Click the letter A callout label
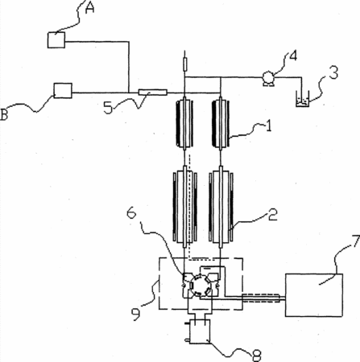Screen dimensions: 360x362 [90, 8]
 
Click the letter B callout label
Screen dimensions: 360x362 [4, 115]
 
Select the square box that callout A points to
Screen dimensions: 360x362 [56, 40]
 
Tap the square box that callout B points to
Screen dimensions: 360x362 [63, 91]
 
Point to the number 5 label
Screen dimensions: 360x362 [108, 108]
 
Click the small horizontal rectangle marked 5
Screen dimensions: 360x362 [152, 93]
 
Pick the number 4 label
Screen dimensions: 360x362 [293, 56]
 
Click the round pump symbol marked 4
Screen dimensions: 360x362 [268, 78]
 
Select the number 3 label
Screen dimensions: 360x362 [333, 72]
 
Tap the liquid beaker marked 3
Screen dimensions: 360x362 [303, 99]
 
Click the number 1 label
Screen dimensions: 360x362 [269, 125]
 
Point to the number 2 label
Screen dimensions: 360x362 [273, 215]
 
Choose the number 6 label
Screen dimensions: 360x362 [131, 213]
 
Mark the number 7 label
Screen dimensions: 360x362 [356, 241]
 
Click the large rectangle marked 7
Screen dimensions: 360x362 [314, 295]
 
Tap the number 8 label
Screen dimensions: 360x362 [256, 356]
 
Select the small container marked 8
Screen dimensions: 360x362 [200, 331]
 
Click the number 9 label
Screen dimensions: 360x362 [135, 315]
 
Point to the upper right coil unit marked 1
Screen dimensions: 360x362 [221, 123]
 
